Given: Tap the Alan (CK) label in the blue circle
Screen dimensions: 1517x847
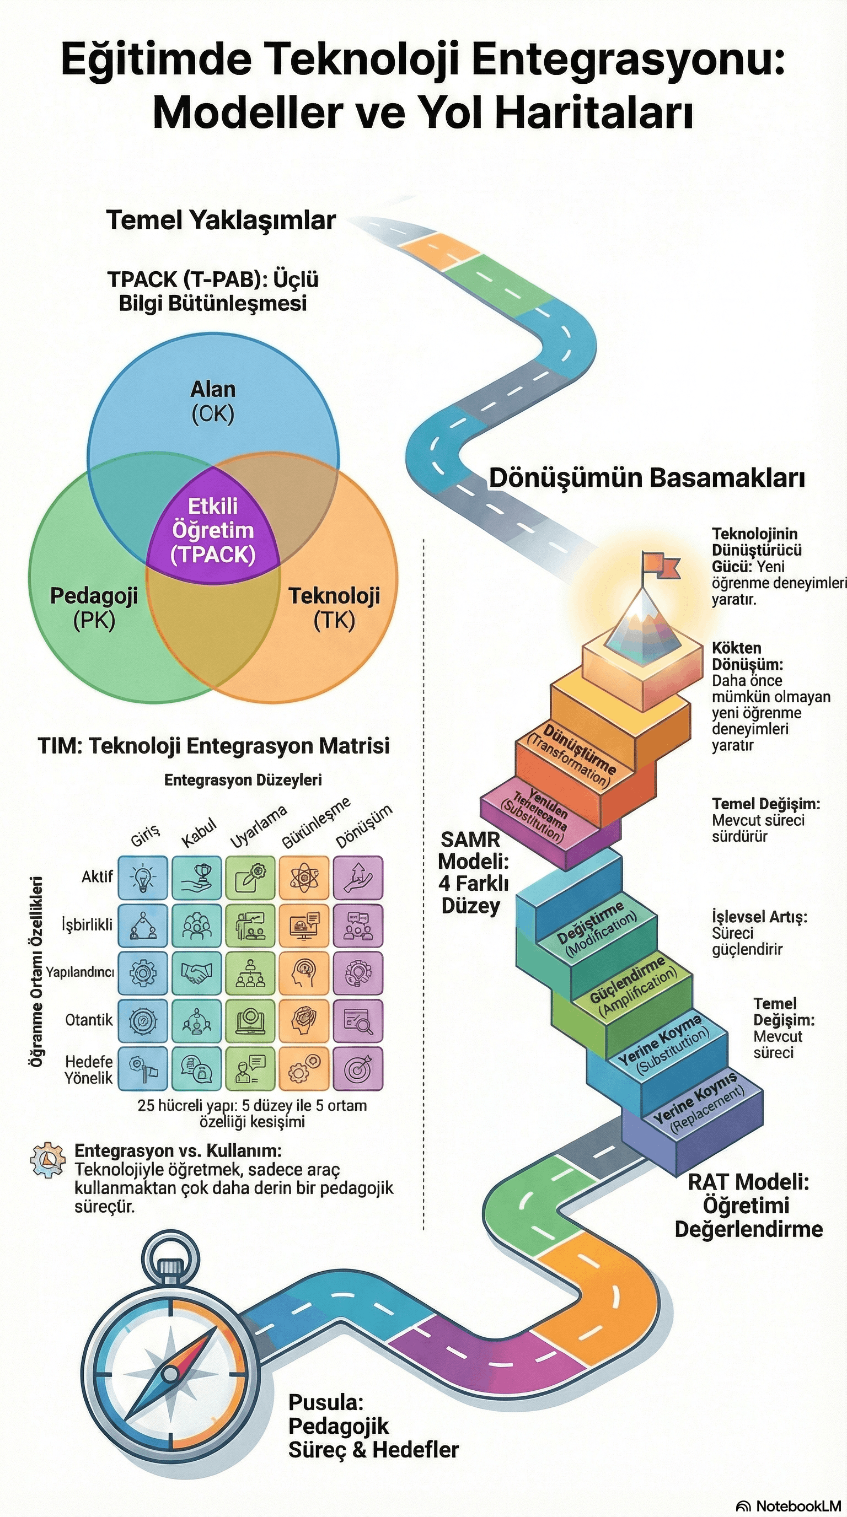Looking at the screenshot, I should pos(213,401).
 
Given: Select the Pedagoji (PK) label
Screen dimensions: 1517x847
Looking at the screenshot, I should pos(94,607).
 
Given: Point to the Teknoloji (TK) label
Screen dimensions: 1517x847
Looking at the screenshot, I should pos(334,607).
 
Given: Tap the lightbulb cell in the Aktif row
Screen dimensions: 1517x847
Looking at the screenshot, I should pos(142,878).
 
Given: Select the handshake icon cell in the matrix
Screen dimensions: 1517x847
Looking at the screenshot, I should pos(197,973).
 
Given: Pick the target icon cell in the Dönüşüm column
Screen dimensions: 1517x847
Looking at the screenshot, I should pos(358,1068).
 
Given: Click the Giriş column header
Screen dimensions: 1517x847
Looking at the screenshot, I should pos(145,835).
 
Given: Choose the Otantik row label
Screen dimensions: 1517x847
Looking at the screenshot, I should pos(88,1020).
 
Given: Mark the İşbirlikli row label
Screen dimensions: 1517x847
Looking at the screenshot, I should pos(87,924).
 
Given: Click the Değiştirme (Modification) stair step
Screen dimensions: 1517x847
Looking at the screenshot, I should pos(597,926).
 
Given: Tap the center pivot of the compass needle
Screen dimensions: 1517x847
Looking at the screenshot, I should pos(170,1374).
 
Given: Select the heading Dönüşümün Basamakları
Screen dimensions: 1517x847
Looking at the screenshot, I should pos(646,477).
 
